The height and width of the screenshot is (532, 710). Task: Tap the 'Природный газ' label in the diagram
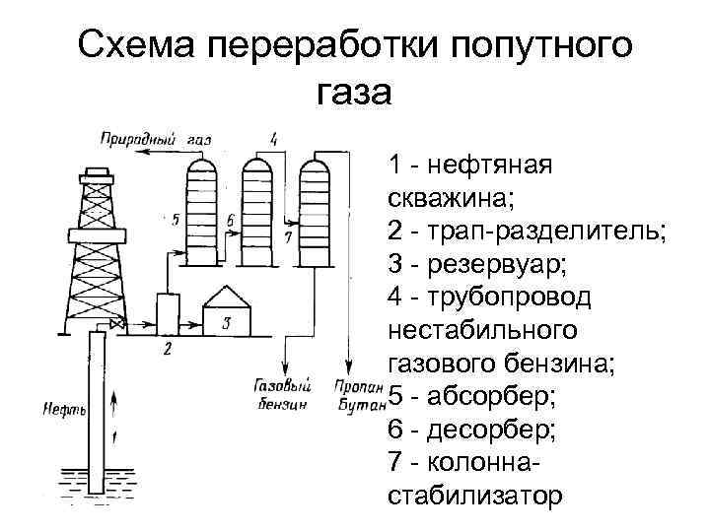[x=156, y=139]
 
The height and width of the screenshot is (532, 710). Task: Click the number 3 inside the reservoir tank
[x=226, y=321]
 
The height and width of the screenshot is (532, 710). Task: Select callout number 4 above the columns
[x=273, y=138]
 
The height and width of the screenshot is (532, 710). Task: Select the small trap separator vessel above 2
[x=168, y=313]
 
